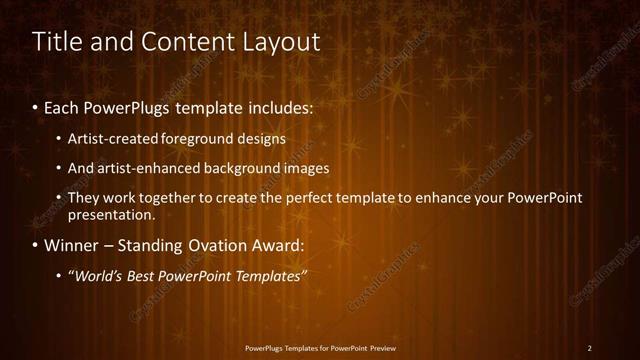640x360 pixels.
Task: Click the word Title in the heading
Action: (x=56, y=42)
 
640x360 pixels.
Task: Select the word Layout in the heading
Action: (x=283, y=42)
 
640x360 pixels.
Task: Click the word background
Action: (x=240, y=168)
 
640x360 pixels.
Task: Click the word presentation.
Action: (x=111, y=214)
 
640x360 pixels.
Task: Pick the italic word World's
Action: (x=98, y=276)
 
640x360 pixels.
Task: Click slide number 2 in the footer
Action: (x=590, y=348)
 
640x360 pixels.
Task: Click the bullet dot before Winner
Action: (x=35, y=245)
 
